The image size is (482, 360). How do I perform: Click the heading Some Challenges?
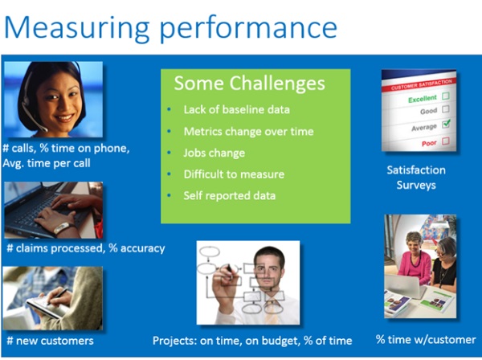(x=249, y=84)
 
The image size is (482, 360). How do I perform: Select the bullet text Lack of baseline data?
(x=237, y=110)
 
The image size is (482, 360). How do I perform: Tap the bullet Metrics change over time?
(x=249, y=132)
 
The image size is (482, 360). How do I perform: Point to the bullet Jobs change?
(x=214, y=153)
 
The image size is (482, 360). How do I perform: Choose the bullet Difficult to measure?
(x=234, y=174)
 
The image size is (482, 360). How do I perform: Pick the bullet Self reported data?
(x=229, y=196)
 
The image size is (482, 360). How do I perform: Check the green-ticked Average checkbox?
(x=446, y=124)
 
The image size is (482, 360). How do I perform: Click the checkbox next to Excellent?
(x=445, y=96)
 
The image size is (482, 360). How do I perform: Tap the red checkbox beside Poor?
(x=445, y=141)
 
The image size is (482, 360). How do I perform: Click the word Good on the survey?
(x=428, y=111)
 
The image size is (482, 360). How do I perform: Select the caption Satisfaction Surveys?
(x=416, y=178)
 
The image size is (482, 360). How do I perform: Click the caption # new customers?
(x=50, y=341)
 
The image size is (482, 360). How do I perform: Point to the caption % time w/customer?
(x=426, y=340)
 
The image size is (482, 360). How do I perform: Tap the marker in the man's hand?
(x=229, y=269)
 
